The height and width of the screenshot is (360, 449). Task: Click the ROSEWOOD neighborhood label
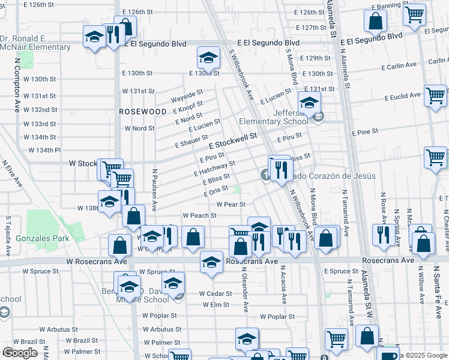point(142,112)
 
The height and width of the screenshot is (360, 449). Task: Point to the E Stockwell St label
point(233,142)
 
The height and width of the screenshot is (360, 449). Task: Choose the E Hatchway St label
point(214,169)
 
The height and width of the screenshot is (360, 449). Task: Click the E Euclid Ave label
point(403,96)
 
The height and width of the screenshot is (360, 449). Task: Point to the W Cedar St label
point(215,293)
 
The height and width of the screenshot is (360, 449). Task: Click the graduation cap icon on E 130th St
point(208,59)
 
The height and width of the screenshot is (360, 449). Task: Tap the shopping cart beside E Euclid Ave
point(435,95)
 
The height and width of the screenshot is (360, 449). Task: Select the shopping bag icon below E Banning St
point(375,22)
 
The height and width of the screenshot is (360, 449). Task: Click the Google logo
point(20,353)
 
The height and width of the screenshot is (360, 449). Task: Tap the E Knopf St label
point(187,106)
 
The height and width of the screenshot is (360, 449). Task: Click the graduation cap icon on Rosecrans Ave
point(211,262)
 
